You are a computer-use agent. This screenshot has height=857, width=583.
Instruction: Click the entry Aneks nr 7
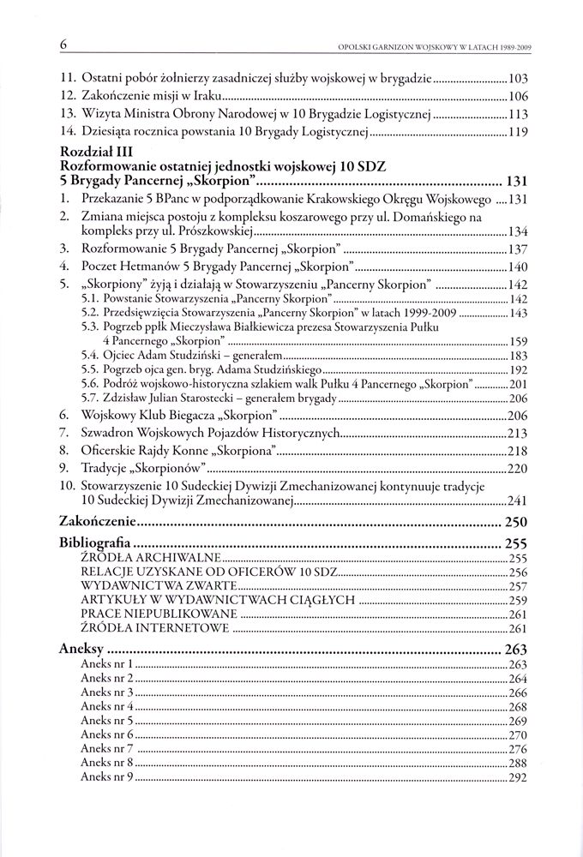(105, 749)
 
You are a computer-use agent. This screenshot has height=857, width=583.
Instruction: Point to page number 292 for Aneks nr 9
(517, 777)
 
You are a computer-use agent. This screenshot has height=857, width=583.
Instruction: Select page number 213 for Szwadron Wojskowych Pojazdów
(517, 433)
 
